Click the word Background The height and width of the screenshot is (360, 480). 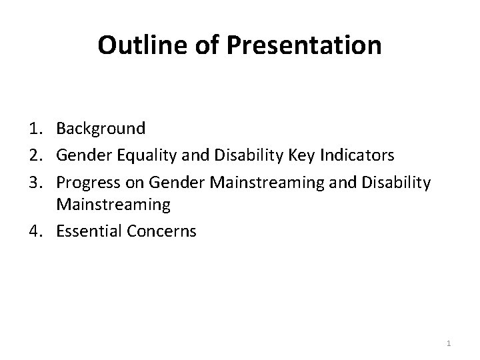coord(100,128)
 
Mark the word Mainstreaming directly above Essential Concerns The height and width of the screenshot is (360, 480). coord(113,205)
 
